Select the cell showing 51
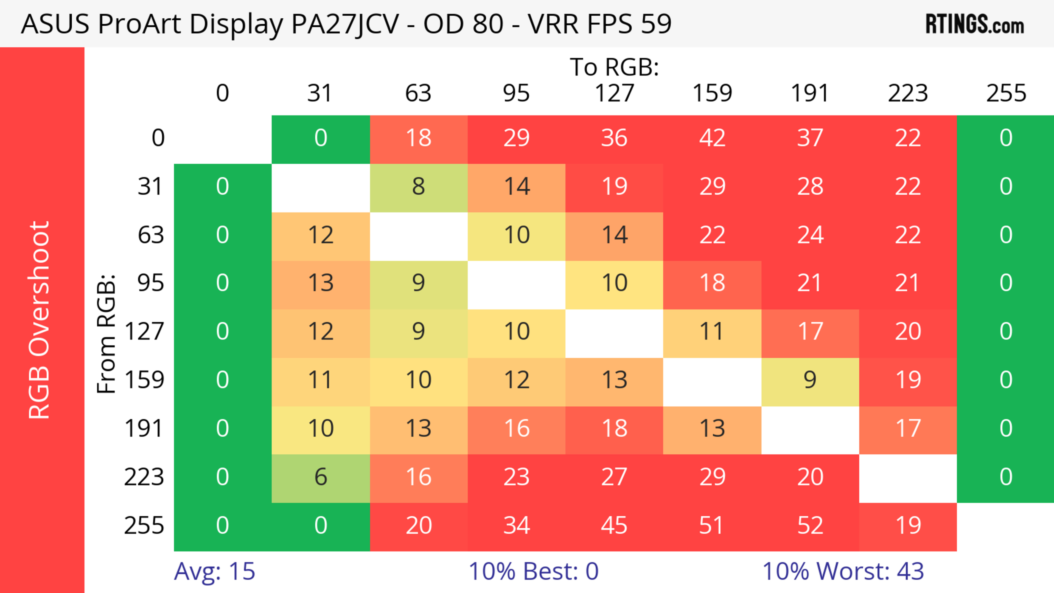(712, 525)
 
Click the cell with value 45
(614, 525)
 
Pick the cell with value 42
(712, 138)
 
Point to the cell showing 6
(321, 477)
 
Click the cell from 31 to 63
(419, 187)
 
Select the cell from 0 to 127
(614, 138)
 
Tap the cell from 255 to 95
(516, 525)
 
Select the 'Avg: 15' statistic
(214, 571)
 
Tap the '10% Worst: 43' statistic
(843, 571)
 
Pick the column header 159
(712, 93)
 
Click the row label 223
(144, 477)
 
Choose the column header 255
(1006, 93)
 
